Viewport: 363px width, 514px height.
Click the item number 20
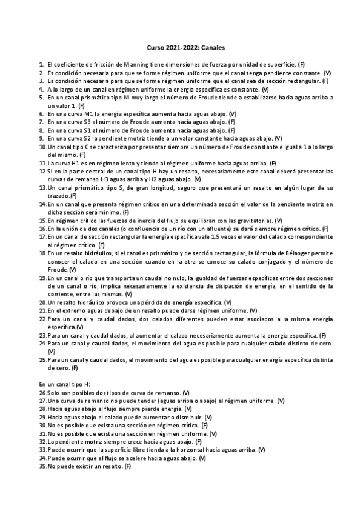[x=42, y=302]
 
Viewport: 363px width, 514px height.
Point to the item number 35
[x=42, y=466]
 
